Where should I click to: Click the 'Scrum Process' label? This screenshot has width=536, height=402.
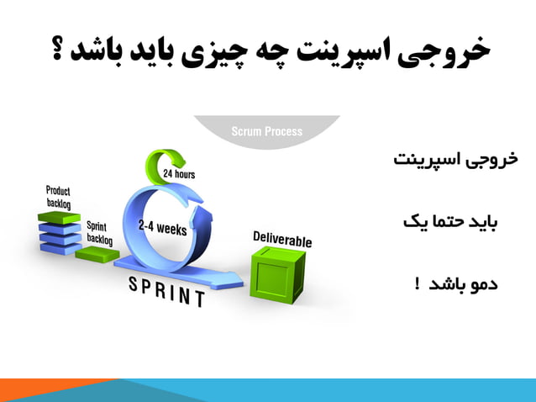coord(266,131)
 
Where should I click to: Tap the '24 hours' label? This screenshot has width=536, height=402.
coord(180,174)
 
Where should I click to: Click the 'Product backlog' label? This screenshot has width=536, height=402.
coord(58,198)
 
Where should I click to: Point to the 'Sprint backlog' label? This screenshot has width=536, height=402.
coord(100,233)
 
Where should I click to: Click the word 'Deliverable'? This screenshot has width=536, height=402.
coord(282,239)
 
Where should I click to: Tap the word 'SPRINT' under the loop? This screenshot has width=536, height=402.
coord(167,292)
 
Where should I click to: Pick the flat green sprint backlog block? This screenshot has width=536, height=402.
coord(97,253)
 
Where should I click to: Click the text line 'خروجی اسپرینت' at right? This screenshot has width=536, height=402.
coord(456,160)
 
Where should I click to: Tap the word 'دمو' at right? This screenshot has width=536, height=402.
coord(482,283)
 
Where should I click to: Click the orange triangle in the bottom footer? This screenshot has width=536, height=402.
coord(50,392)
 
